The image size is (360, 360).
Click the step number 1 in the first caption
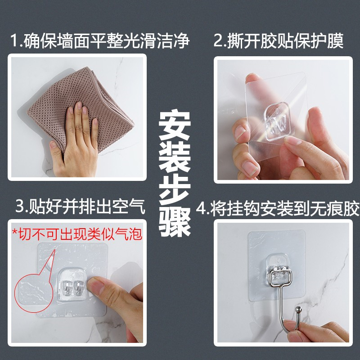click(15, 41)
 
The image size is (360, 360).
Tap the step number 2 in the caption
click(218, 40)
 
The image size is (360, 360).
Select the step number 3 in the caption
click(20, 206)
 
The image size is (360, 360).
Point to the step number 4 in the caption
click(201, 208)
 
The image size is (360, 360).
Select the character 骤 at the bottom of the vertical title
click(175, 221)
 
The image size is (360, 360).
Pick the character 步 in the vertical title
click(175, 190)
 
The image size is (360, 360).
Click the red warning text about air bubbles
click(77, 234)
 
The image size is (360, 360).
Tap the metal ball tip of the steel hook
click(298, 310)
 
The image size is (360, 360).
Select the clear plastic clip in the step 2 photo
click(276, 121)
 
